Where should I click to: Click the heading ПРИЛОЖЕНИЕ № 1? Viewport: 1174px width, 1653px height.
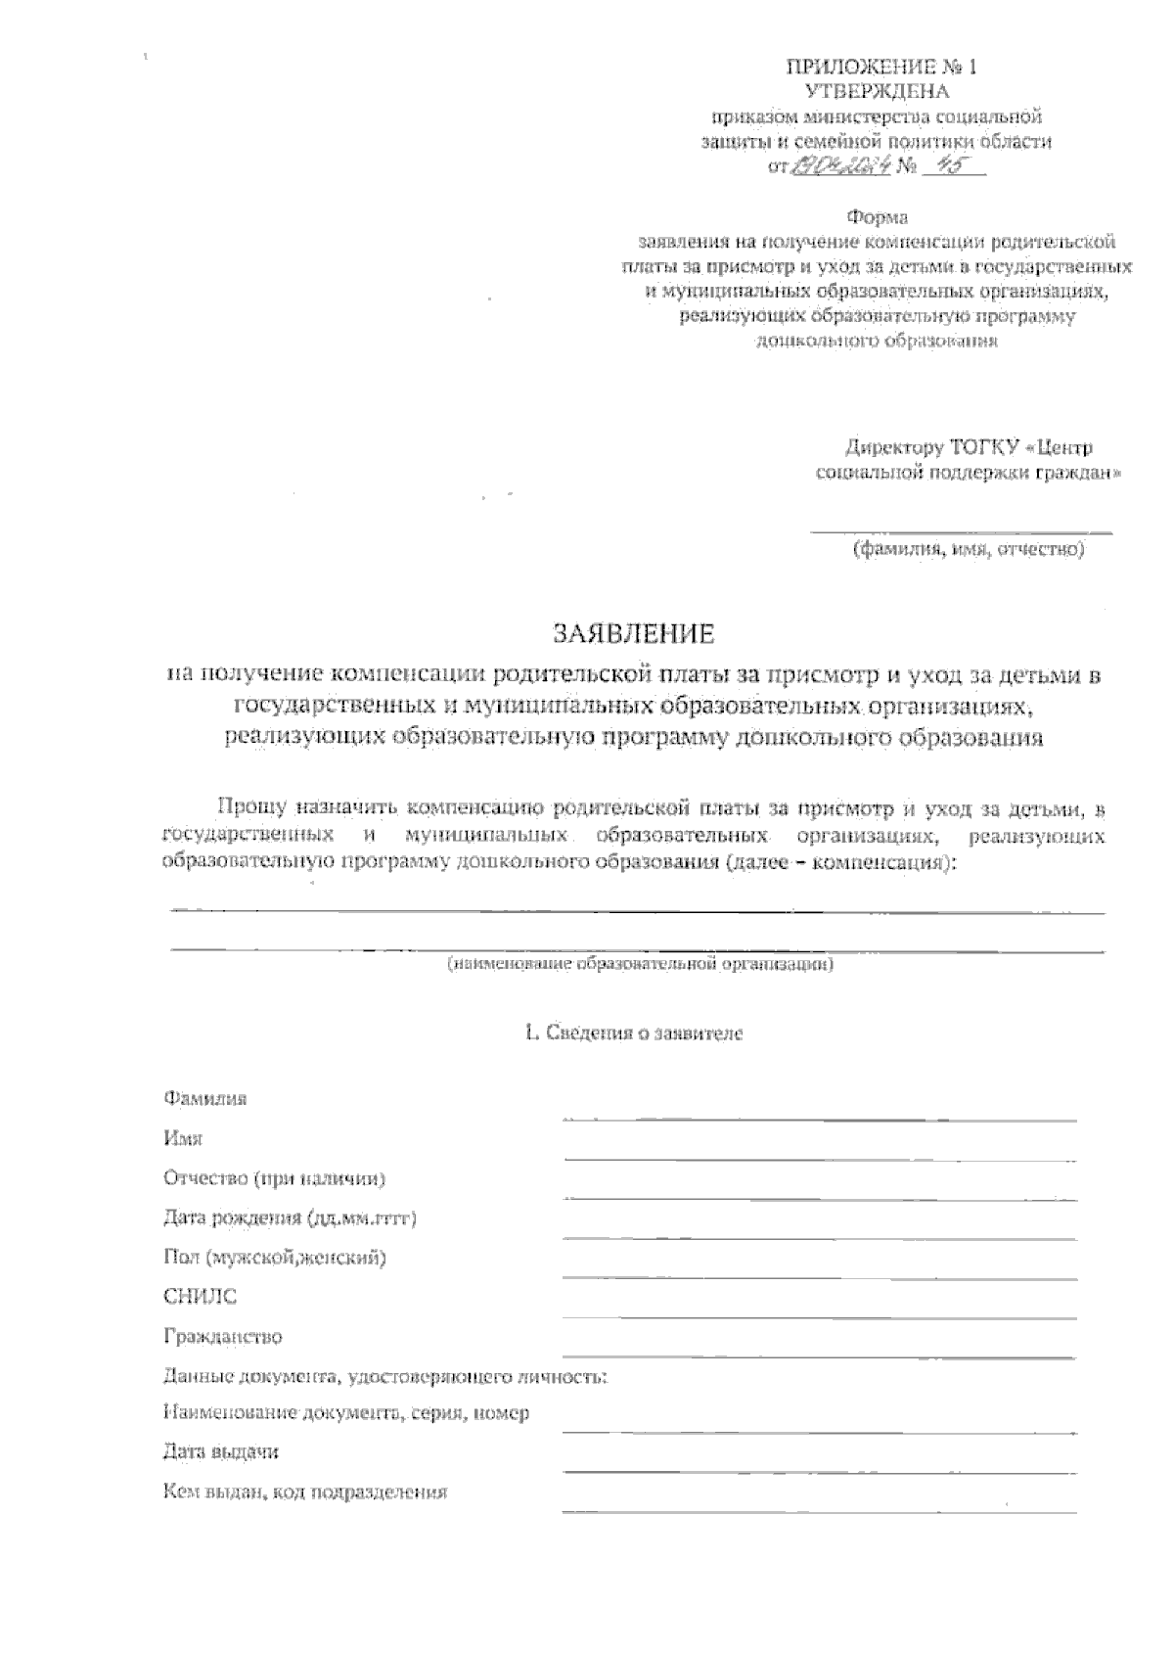coord(881,68)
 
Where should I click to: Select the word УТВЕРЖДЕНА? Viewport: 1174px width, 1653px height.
coord(878,92)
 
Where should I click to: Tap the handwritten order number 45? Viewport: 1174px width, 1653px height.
coord(937,167)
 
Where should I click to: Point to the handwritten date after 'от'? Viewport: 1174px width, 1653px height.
coord(839,167)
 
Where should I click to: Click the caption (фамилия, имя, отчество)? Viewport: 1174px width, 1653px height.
coord(968,550)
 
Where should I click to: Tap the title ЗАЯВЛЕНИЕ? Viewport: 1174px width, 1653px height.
coord(635,634)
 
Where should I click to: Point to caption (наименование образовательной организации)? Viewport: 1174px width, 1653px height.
coord(641,965)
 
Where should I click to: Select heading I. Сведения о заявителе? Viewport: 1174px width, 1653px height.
coord(634,1033)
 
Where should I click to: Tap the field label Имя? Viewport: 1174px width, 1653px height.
coord(183,1138)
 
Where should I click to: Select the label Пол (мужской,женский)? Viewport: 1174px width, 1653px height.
coord(275,1258)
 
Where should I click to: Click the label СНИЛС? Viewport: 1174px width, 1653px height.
coord(200,1297)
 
